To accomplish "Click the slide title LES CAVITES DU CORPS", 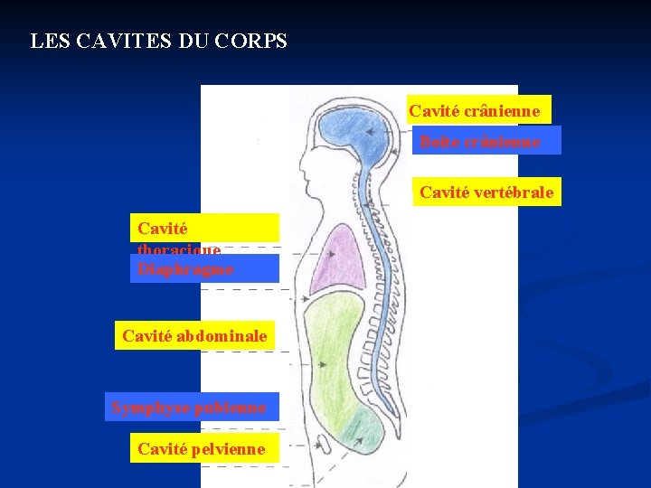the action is [x=158, y=42].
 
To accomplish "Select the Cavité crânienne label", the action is [x=478, y=111].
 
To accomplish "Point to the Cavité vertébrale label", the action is [x=486, y=192].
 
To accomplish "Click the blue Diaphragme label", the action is [x=205, y=269].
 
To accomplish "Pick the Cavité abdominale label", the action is [x=194, y=336].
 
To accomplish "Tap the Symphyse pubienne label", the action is [x=189, y=408].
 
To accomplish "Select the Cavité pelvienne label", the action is [x=202, y=448].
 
